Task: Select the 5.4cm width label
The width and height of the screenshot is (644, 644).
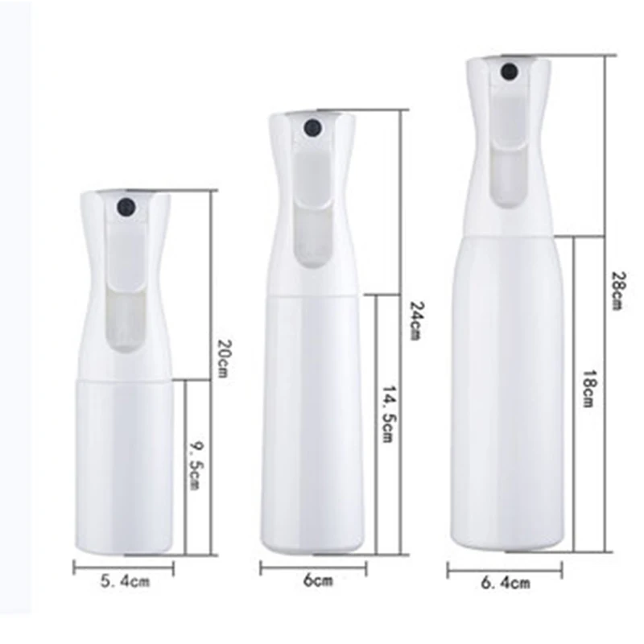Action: click(124, 580)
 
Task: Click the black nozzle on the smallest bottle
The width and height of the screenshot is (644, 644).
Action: click(125, 208)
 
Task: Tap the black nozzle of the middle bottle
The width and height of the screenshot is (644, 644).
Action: click(311, 127)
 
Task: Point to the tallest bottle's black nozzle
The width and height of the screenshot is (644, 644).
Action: click(509, 72)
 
